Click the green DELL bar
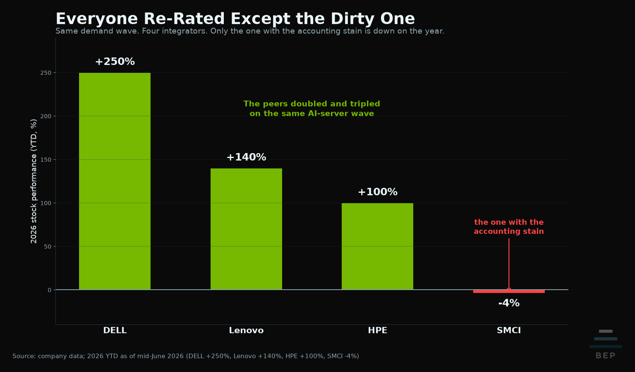click(115, 181)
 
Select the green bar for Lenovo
click(246, 229)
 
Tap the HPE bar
click(377, 246)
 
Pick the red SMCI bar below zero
click(509, 291)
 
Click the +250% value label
click(115, 62)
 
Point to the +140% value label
click(246, 157)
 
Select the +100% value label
click(377, 192)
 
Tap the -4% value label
click(509, 303)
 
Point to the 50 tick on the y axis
click(48, 247)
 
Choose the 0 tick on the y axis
click(50, 290)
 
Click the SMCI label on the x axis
click(509, 330)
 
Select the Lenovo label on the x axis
click(246, 330)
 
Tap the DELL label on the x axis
click(115, 330)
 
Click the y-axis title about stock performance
click(34, 181)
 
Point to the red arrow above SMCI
click(509, 264)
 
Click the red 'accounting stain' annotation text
click(509, 226)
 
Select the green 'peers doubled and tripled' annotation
click(312, 108)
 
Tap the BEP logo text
click(606, 355)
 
